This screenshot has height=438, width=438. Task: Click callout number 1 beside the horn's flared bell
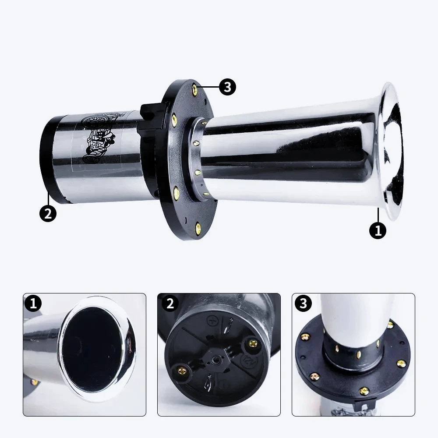click(x=378, y=230)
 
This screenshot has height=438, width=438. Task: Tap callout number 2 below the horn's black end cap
click(x=48, y=214)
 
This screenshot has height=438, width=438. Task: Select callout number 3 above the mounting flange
click(x=227, y=87)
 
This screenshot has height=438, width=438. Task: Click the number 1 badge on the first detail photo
click(x=33, y=304)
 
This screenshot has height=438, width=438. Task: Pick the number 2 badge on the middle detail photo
click(x=170, y=304)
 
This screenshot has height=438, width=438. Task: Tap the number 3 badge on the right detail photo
click(x=304, y=304)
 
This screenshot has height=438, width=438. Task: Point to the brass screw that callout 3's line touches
click(x=195, y=89)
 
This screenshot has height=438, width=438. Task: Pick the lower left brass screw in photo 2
click(x=182, y=371)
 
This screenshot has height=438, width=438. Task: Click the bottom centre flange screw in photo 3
click(x=364, y=391)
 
